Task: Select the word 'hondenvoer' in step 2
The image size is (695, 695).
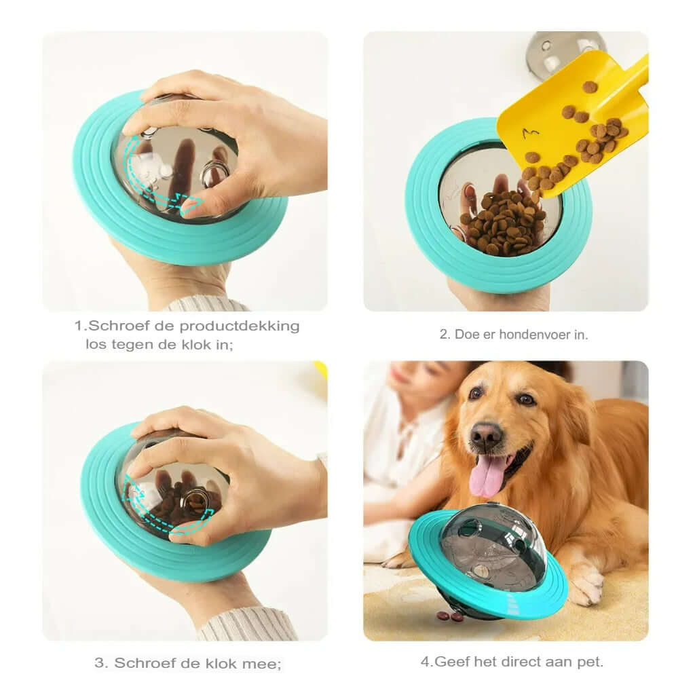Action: coord(531,334)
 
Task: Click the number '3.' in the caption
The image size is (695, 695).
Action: coord(102,663)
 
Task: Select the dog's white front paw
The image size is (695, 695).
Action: coord(585,584)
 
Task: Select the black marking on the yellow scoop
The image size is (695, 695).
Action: coord(530,133)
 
